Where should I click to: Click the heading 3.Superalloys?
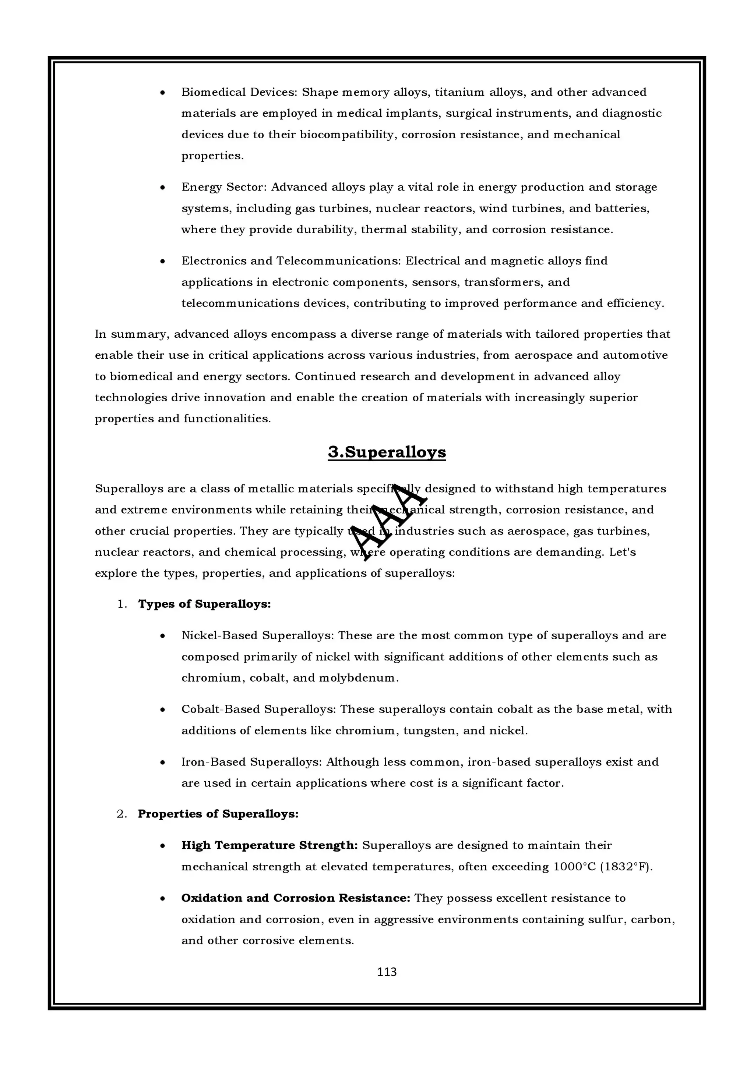(387, 452)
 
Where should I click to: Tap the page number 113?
(387, 972)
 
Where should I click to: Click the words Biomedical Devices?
(238, 92)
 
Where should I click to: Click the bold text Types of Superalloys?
(204, 604)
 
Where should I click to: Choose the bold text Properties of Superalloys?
(218, 814)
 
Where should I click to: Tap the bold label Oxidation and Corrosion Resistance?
(296, 898)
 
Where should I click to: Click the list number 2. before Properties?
(122, 814)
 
